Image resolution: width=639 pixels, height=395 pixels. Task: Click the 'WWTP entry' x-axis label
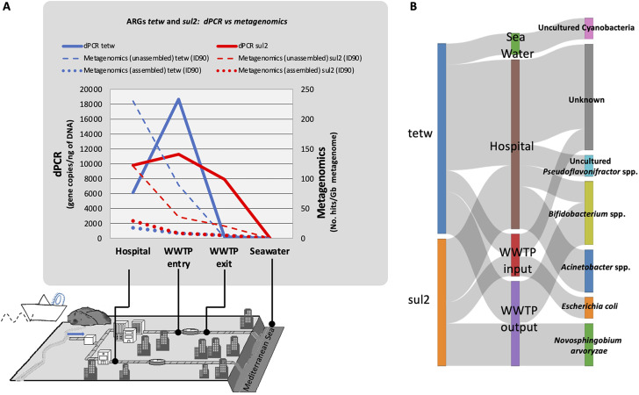pos(179,257)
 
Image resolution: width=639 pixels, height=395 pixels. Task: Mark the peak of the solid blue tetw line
pos(179,99)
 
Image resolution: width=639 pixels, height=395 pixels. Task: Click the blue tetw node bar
pos(442,139)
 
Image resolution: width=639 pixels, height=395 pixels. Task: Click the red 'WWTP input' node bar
pos(515,255)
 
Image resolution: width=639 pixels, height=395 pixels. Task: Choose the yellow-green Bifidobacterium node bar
pos(589,213)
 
